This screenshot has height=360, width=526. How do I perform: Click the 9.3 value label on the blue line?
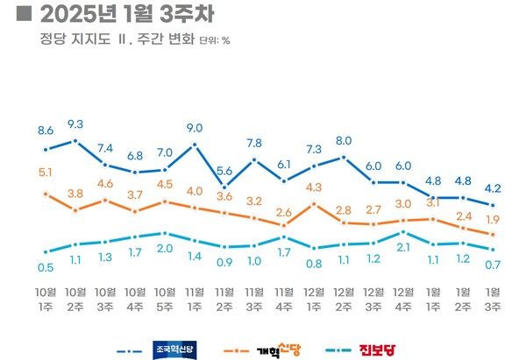75,124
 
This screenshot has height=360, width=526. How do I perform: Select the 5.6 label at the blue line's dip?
224,171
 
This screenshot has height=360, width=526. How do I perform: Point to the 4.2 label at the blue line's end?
494,187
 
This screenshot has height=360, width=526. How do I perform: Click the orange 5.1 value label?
46,173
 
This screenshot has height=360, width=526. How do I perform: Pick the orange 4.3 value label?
314,187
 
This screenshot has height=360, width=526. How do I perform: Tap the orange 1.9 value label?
494,219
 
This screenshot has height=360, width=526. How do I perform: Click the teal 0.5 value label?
46,266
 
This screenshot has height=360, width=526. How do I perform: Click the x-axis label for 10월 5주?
165,298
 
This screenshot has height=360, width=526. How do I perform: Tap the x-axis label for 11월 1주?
195,298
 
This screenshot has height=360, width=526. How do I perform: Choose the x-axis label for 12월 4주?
403,298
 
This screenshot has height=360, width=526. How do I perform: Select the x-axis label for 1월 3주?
494,298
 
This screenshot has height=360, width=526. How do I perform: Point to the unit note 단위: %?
215,40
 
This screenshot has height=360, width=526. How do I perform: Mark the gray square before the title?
25,15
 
